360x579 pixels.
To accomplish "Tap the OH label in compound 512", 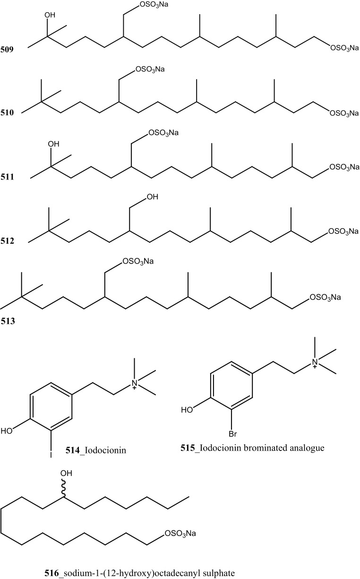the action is (x=154, y=195).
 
